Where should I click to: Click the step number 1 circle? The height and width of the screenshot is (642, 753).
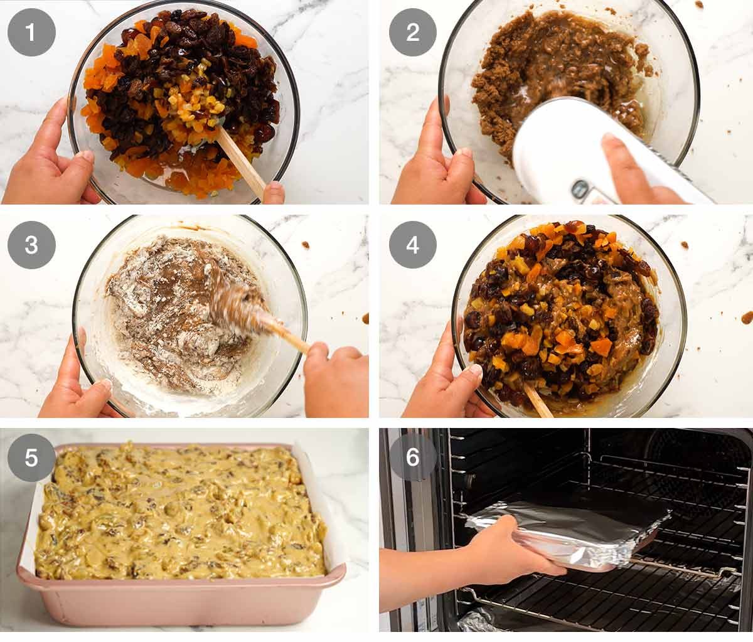[31, 32]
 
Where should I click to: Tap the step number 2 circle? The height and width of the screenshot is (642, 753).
[412, 32]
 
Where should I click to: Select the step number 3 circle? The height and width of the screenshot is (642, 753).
[31, 245]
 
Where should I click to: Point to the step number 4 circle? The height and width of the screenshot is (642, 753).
[412, 245]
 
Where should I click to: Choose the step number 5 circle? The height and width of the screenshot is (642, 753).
[31, 457]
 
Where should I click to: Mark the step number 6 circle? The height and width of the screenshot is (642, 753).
[412, 457]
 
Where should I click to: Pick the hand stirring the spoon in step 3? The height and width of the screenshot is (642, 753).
[336, 377]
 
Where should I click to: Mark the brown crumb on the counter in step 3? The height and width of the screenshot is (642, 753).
[306, 245]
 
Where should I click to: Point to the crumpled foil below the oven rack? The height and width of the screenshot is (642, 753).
[477, 621]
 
